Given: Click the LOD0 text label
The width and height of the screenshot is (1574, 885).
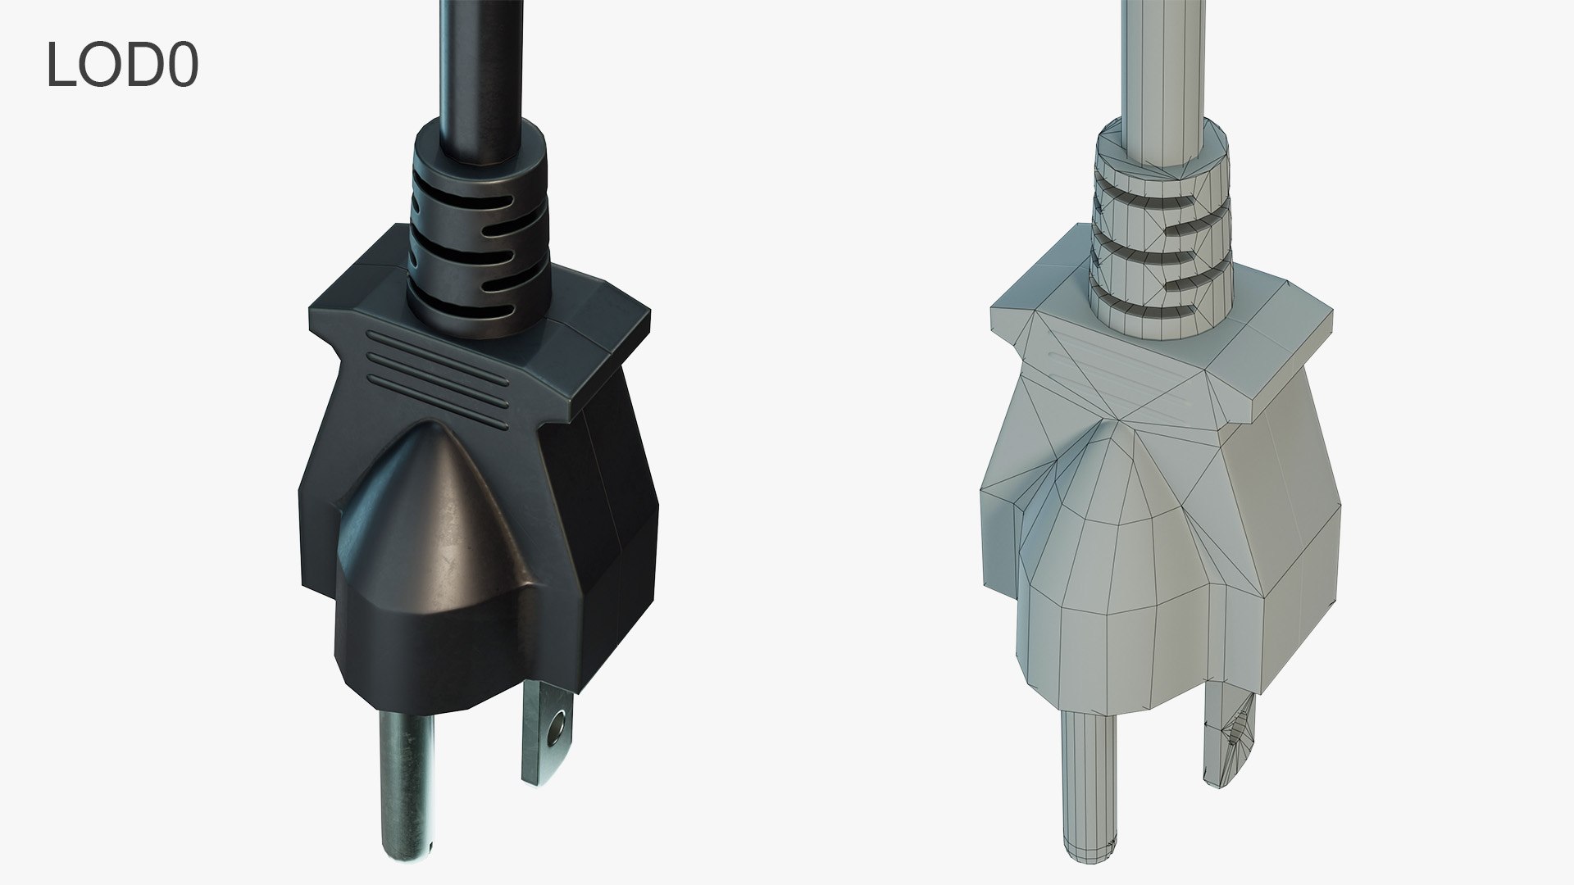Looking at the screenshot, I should coord(122,65).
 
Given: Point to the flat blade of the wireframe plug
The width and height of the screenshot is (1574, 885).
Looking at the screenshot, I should coord(1230,737).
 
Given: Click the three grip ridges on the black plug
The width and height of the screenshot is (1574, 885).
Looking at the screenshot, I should coord(439,369).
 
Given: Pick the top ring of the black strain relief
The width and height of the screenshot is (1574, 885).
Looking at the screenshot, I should coord(480,147).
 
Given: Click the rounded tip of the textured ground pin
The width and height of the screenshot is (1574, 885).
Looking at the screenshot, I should coord(405,852).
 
